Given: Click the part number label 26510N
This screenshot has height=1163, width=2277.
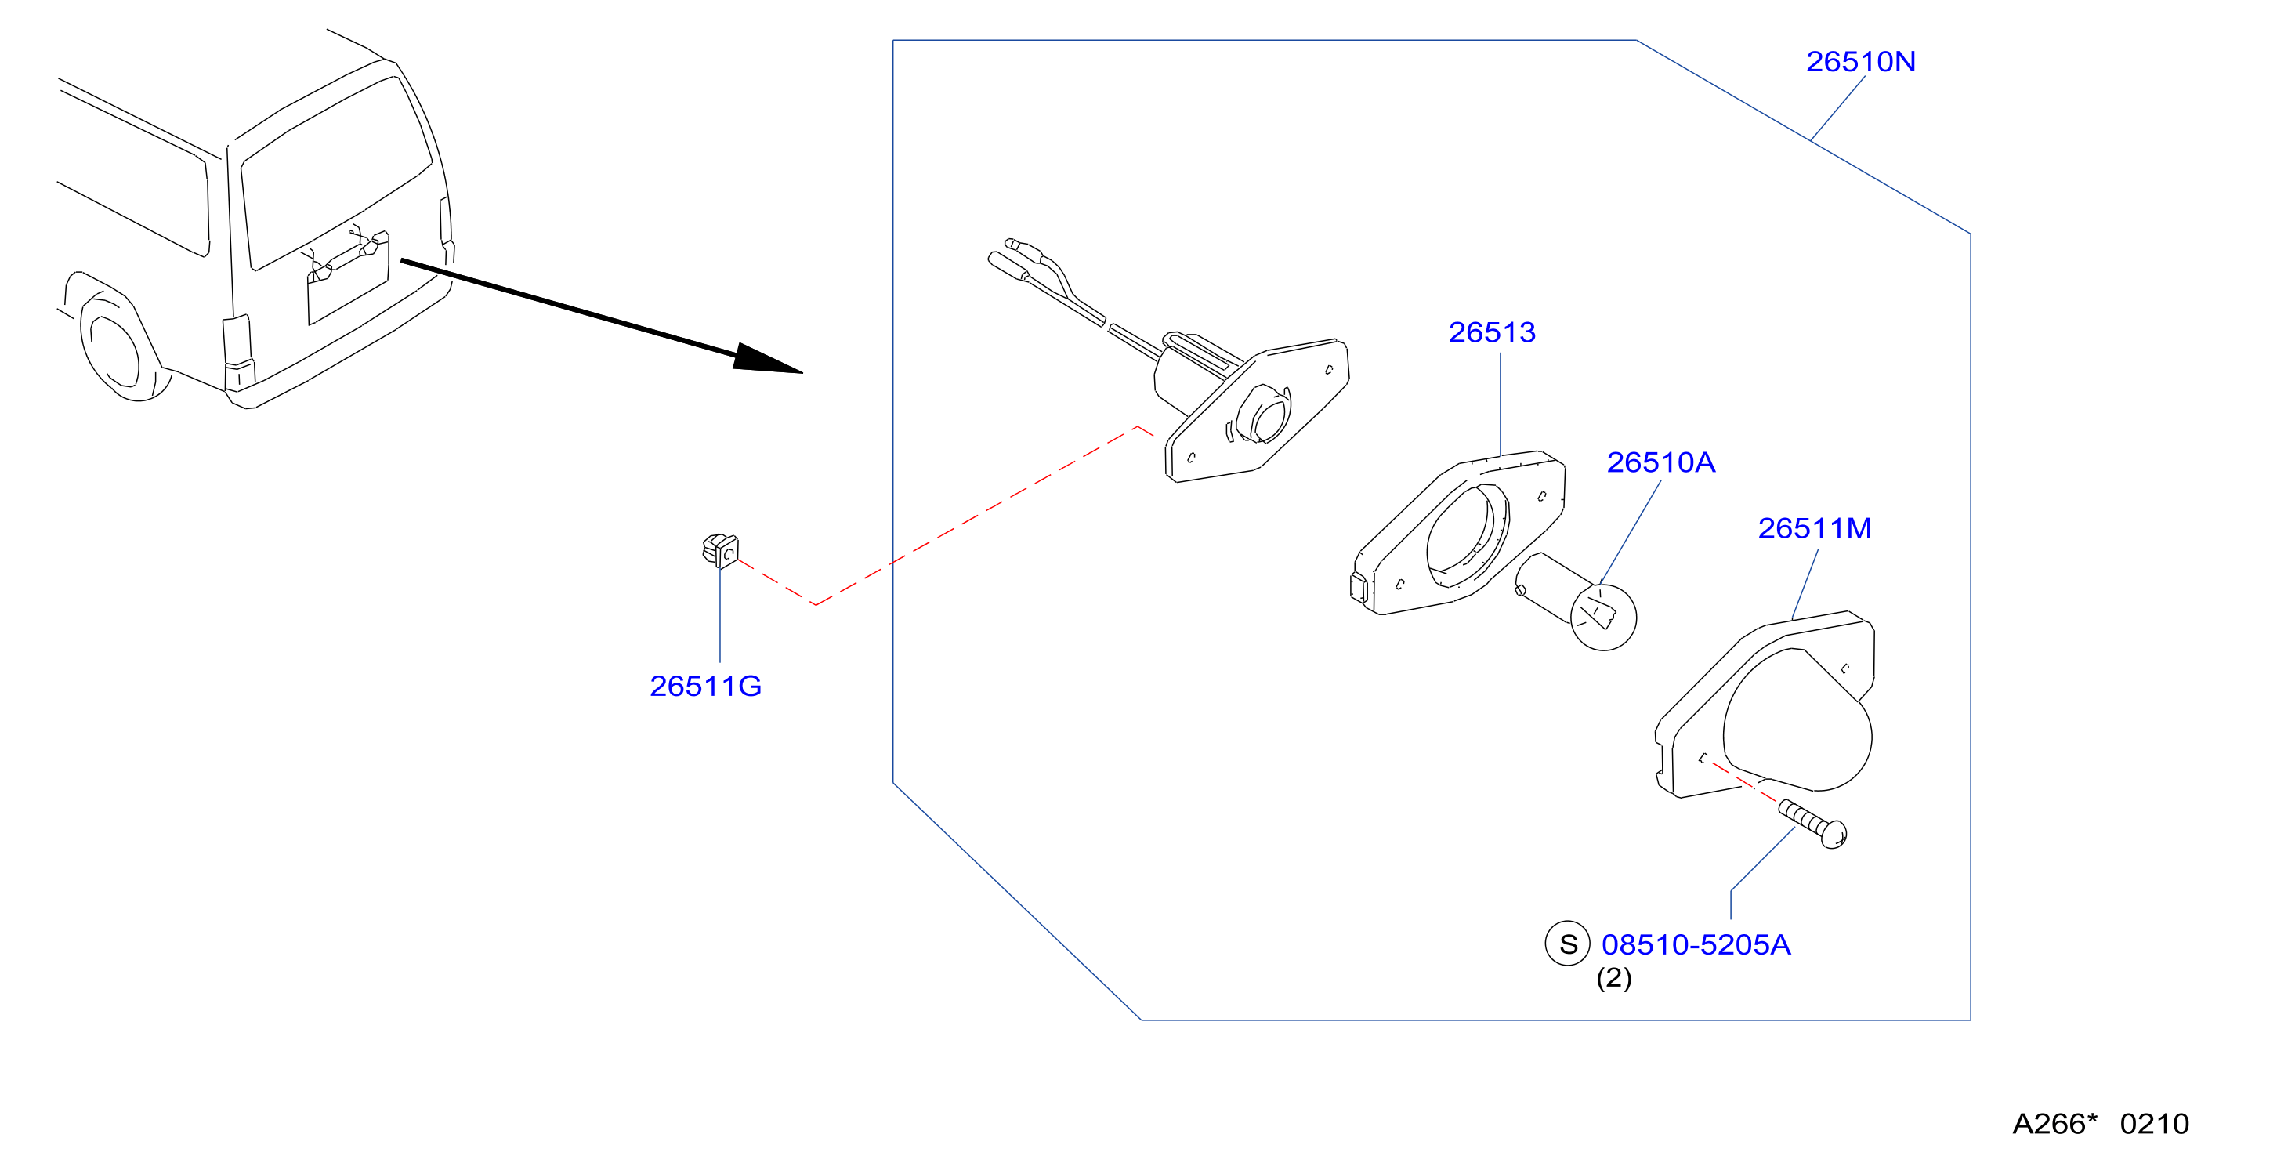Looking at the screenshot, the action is [x=1860, y=62].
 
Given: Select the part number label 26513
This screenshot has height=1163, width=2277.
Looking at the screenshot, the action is [x=1491, y=332].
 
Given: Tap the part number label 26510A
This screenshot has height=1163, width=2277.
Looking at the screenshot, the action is [x=1660, y=462].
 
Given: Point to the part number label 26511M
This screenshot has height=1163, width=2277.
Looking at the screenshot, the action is [x=1814, y=528].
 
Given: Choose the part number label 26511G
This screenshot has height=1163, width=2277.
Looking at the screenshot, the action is [x=705, y=687].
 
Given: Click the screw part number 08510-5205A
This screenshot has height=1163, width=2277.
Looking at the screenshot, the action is [x=1696, y=944].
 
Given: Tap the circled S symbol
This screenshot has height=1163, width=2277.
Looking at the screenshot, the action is [x=1567, y=944].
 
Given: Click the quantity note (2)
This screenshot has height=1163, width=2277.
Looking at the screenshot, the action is [x=1613, y=978].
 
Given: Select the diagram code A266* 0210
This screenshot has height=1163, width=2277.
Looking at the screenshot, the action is [x=2100, y=1123].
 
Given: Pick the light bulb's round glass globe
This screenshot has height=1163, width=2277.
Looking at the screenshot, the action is [x=1602, y=617].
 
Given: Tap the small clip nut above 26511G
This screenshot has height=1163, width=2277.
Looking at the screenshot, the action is [x=720, y=550].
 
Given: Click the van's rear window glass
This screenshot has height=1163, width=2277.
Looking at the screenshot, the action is [x=336, y=173].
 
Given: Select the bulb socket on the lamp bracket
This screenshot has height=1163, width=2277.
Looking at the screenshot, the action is [x=1262, y=414].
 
